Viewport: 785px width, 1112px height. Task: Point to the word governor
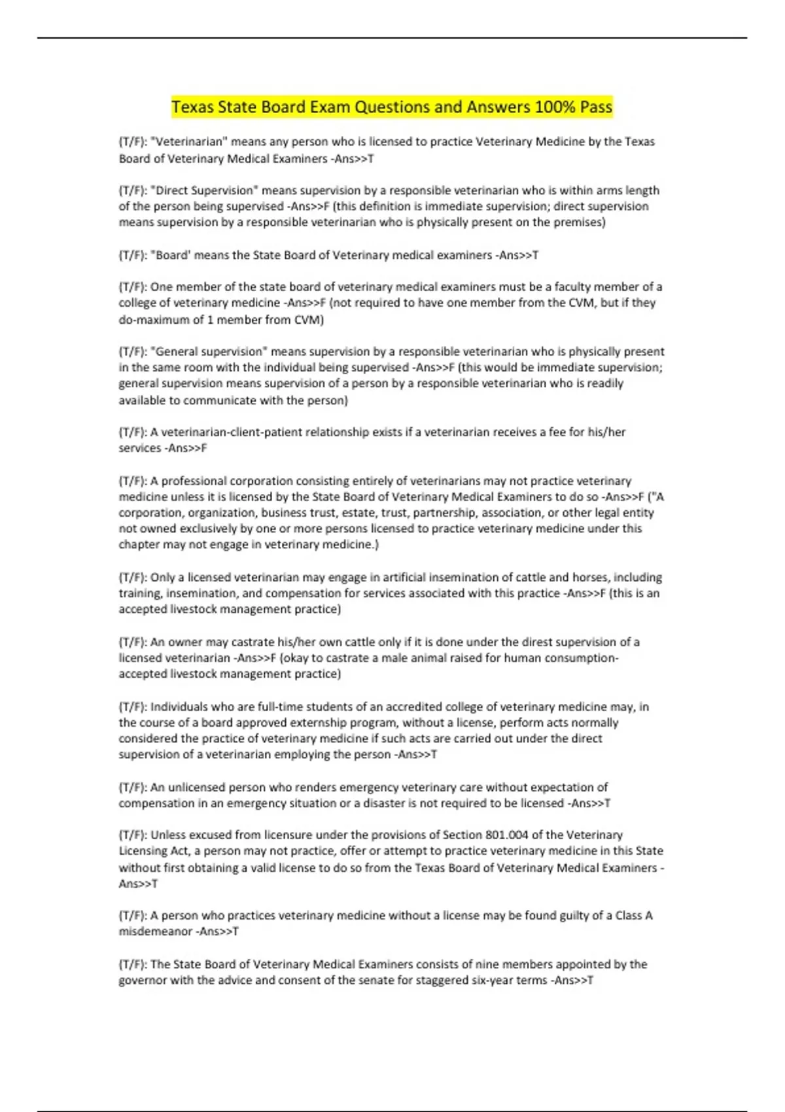(143, 981)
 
